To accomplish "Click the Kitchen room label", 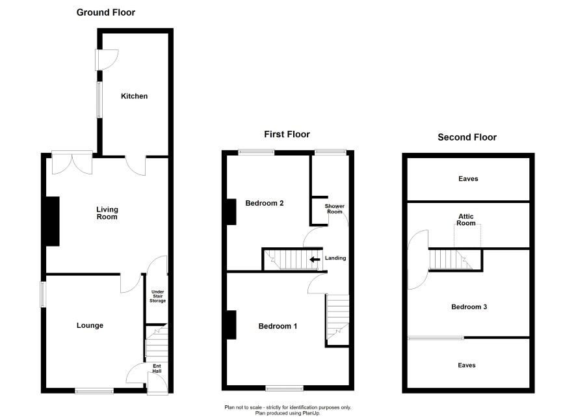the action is click(x=134, y=96).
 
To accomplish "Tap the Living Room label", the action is click(x=107, y=213).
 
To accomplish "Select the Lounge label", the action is click(x=90, y=325).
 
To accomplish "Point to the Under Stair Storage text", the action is click(x=157, y=296).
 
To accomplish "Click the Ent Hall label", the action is click(x=157, y=368).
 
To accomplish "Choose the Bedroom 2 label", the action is click(x=265, y=203).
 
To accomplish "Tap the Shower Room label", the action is click(x=335, y=209).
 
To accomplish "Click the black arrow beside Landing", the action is click(x=315, y=260).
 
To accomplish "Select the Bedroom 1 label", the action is click(x=278, y=326).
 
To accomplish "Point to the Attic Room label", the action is click(x=465, y=219).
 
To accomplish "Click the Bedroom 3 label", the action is click(x=469, y=307).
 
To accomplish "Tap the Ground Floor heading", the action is click(x=106, y=12).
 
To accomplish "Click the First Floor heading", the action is click(x=287, y=134).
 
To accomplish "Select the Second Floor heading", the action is click(x=467, y=137).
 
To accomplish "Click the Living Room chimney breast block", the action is click(x=52, y=221).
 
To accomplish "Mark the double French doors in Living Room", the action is click(x=72, y=163).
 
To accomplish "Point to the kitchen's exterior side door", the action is click(x=107, y=60).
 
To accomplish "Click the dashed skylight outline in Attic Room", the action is click(x=467, y=236).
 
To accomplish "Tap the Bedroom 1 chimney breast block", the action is click(x=231, y=325).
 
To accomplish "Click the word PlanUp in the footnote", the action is click(x=311, y=413).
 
